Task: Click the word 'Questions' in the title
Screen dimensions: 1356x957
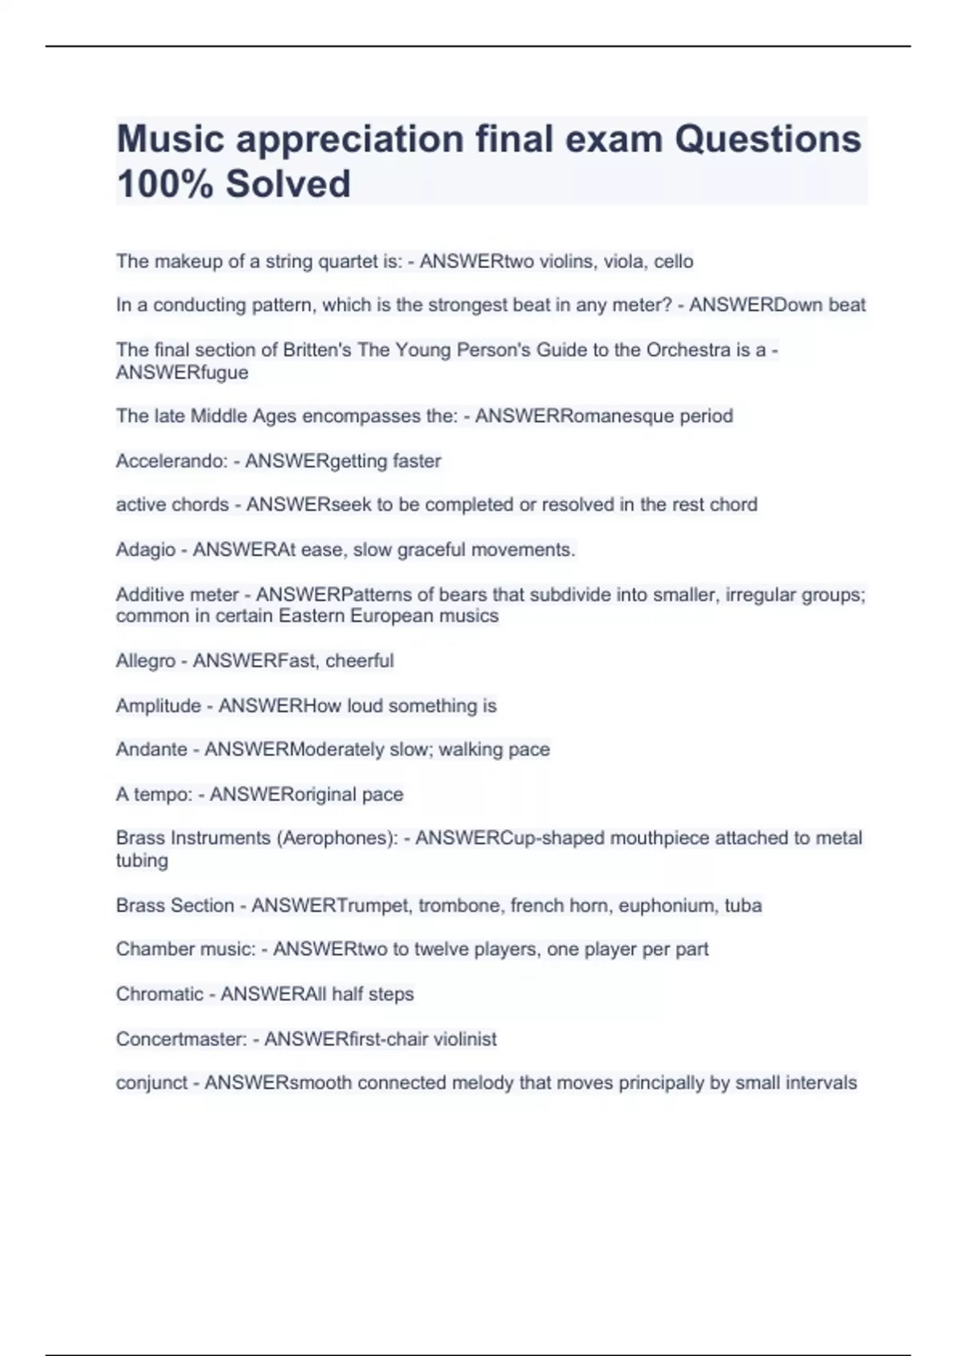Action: coord(768,139)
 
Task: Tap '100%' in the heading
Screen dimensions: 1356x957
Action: coord(164,183)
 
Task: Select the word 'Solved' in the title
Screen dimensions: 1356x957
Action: coord(288,183)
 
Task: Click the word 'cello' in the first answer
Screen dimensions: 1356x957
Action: coord(674,262)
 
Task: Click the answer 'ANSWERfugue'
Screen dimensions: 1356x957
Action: coord(182,373)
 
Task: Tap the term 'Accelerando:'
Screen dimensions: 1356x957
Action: coord(171,461)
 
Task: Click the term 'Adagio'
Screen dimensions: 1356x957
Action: coord(145,550)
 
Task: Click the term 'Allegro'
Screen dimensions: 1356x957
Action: coord(145,660)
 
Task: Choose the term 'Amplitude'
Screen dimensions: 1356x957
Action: coord(158,706)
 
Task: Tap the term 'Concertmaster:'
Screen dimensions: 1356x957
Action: coord(181,1039)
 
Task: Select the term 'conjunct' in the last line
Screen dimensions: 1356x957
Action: coord(152,1083)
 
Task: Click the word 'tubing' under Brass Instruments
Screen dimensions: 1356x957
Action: coord(142,861)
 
